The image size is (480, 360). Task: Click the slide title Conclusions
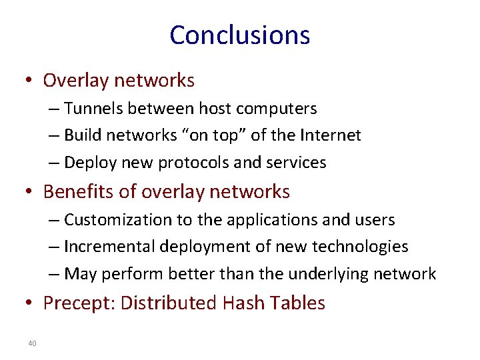(239, 35)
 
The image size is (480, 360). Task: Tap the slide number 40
(32, 343)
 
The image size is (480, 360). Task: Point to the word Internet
(330, 135)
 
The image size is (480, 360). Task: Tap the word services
(299, 163)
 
